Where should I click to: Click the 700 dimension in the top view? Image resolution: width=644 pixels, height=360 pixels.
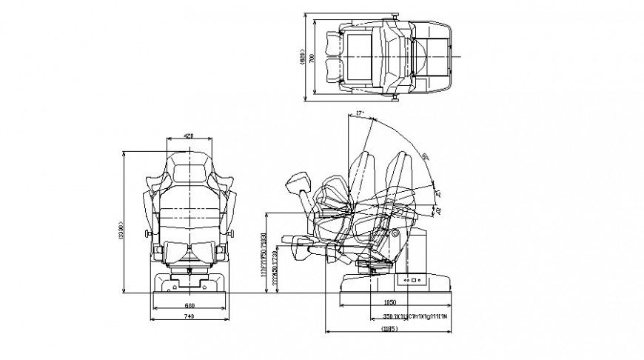(313, 57)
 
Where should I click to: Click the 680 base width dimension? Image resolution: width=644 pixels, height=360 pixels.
(189, 305)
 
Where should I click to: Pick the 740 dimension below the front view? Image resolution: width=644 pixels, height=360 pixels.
(189, 317)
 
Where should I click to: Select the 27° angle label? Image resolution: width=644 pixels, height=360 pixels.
(360, 113)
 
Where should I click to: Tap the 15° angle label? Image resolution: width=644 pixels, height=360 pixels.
(437, 194)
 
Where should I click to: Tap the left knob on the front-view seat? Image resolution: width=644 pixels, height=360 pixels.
(149, 235)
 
